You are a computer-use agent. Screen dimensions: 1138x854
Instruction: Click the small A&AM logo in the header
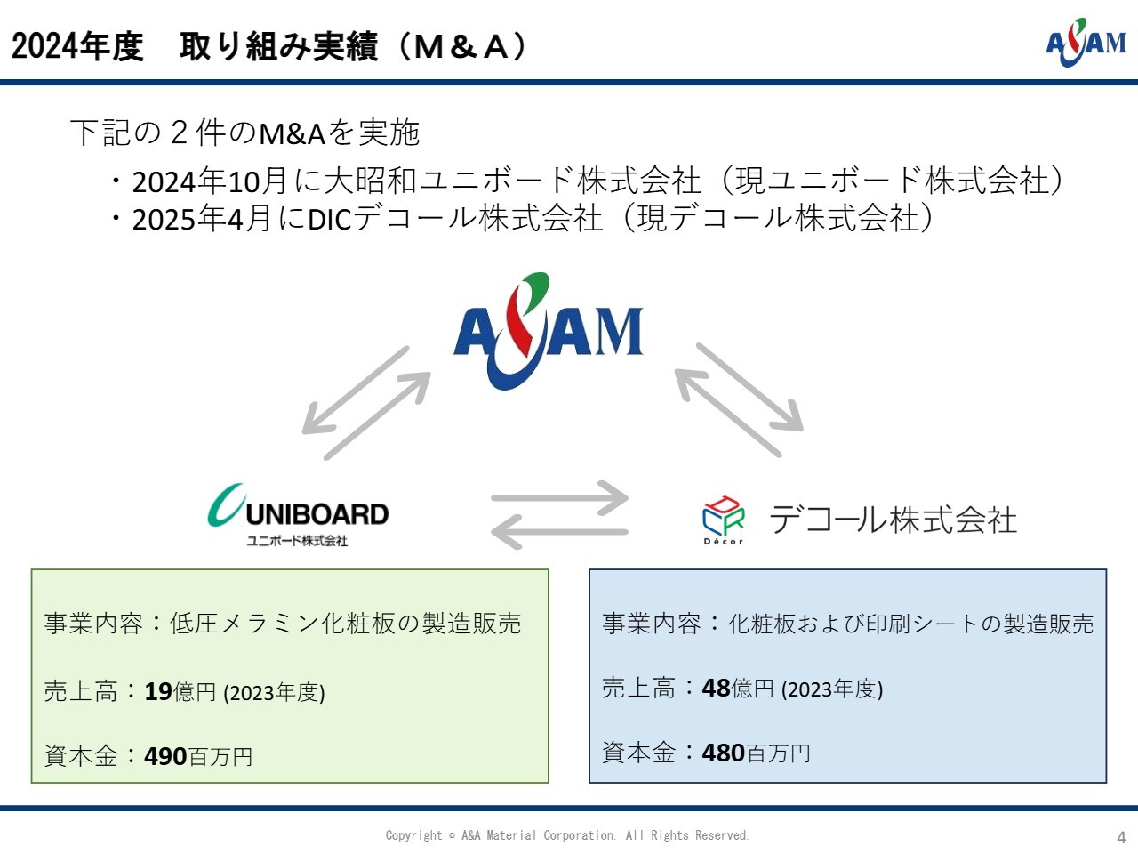tap(1086, 43)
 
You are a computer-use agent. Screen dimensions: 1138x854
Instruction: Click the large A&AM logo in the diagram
tap(549, 332)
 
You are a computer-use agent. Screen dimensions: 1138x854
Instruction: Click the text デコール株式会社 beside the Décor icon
tap(893, 520)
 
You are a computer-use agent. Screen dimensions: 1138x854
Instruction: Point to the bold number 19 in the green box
tap(158, 691)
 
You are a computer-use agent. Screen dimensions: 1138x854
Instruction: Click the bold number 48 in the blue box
tap(716, 688)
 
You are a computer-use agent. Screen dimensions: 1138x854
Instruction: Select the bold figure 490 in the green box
tap(165, 756)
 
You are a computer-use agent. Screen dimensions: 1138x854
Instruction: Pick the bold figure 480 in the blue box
tap(723, 753)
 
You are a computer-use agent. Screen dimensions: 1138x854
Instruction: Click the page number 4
tap(1121, 838)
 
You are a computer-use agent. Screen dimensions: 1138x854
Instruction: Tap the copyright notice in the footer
tap(567, 835)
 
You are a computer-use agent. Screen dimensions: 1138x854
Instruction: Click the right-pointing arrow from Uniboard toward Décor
tap(560, 498)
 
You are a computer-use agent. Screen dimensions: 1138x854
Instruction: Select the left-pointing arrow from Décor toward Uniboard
tap(560, 531)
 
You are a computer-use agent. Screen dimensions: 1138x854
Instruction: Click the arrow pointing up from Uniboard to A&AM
tap(378, 415)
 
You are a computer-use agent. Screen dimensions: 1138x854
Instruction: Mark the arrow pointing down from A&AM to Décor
tap(750, 387)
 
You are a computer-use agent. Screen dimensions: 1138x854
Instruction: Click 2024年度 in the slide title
tap(77, 46)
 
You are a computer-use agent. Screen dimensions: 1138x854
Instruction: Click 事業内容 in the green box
tap(93, 624)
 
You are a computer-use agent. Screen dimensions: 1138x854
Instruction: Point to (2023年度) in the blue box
tap(832, 689)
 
